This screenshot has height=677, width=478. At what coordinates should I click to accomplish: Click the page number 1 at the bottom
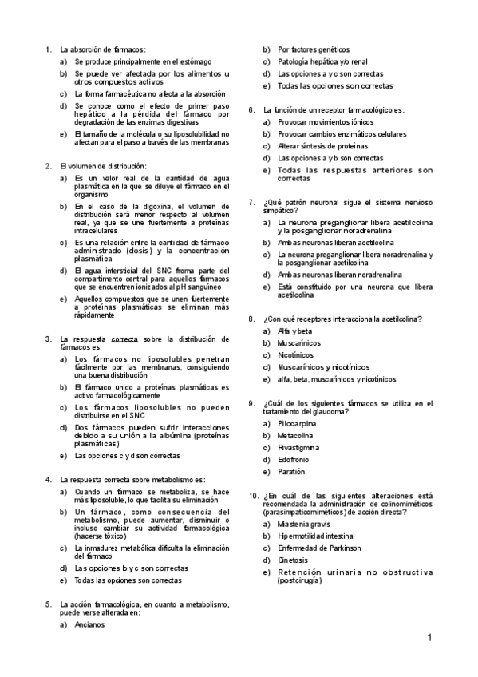click(429, 637)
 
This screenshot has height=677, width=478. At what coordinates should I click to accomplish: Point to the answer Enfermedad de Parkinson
click(319, 548)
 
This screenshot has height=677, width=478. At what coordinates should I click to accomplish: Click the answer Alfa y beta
click(294, 331)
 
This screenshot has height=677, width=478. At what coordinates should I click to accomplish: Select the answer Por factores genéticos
click(313, 49)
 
